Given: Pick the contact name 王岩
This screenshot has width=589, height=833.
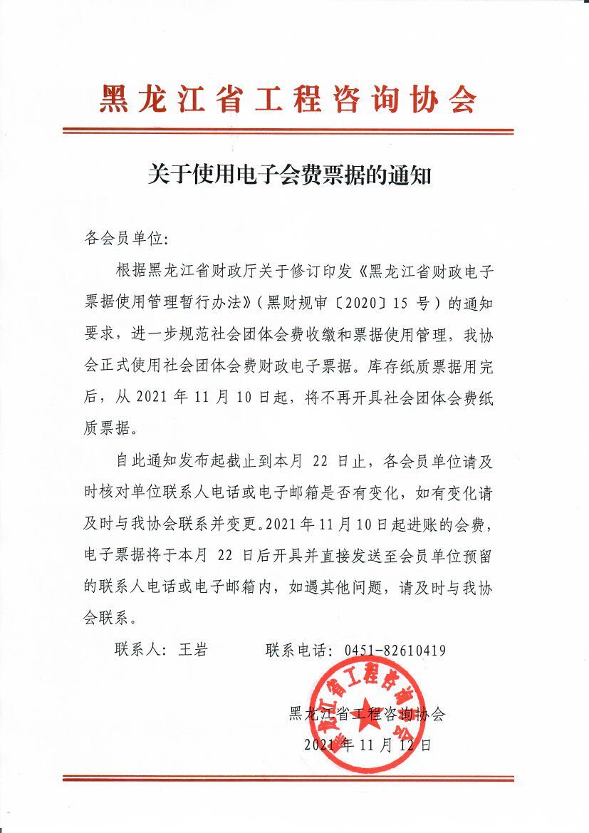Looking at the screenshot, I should [192, 650].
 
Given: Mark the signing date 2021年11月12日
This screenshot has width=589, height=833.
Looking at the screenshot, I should [368, 745].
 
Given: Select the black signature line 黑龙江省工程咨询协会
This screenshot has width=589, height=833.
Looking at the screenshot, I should [367, 715].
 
